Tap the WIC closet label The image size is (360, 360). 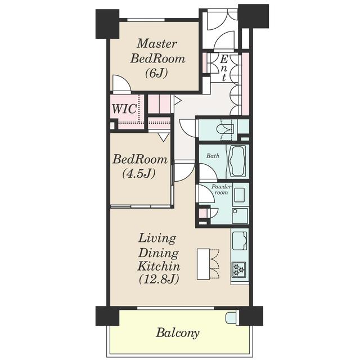(x=124, y=109)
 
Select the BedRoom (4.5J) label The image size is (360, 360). (x=140, y=166)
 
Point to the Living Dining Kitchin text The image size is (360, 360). (x=159, y=253)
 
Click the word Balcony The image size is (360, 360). (x=178, y=332)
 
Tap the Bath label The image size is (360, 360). (x=213, y=156)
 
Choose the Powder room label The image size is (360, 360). (x=221, y=190)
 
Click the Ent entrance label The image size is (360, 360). (x=224, y=68)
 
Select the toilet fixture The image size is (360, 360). (x=225, y=130)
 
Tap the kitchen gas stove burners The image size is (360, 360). (x=238, y=269)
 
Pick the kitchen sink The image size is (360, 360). (x=240, y=241)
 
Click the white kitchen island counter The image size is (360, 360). (x=203, y=264)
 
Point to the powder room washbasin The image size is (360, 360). (x=240, y=195)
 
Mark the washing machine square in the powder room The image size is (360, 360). (x=240, y=216)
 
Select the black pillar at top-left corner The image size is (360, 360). (x=107, y=24)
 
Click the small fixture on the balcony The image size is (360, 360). (x=231, y=318)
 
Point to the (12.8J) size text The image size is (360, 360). (x=159, y=280)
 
